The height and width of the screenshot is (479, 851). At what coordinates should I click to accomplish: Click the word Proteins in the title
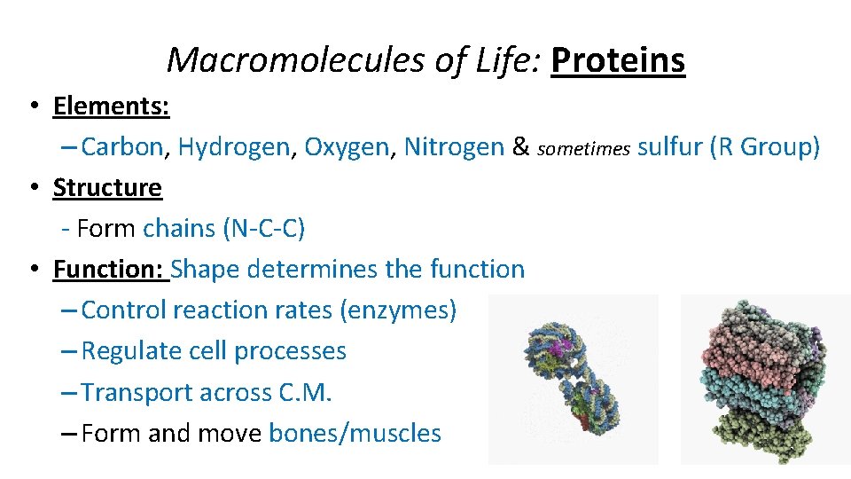[x=618, y=60]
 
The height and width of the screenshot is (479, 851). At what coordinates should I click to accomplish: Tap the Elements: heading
[x=111, y=106]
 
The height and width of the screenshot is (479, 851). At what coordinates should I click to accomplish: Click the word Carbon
[x=122, y=147]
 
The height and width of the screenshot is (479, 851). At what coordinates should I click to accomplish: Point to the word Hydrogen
[x=234, y=147]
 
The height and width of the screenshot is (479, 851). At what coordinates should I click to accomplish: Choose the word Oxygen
[x=347, y=147]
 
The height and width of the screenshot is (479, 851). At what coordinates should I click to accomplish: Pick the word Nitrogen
[x=453, y=147]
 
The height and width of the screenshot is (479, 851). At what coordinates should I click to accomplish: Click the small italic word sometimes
[x=583, y=149]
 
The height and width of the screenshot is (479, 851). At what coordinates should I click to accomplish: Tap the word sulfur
[x=670, y=147]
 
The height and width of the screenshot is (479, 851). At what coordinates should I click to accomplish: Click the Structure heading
[x=107, y=188]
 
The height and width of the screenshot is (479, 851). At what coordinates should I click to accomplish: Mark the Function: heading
[x=111, y=269]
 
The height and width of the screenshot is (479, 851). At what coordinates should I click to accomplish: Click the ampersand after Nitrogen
[x=520, y=147]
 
